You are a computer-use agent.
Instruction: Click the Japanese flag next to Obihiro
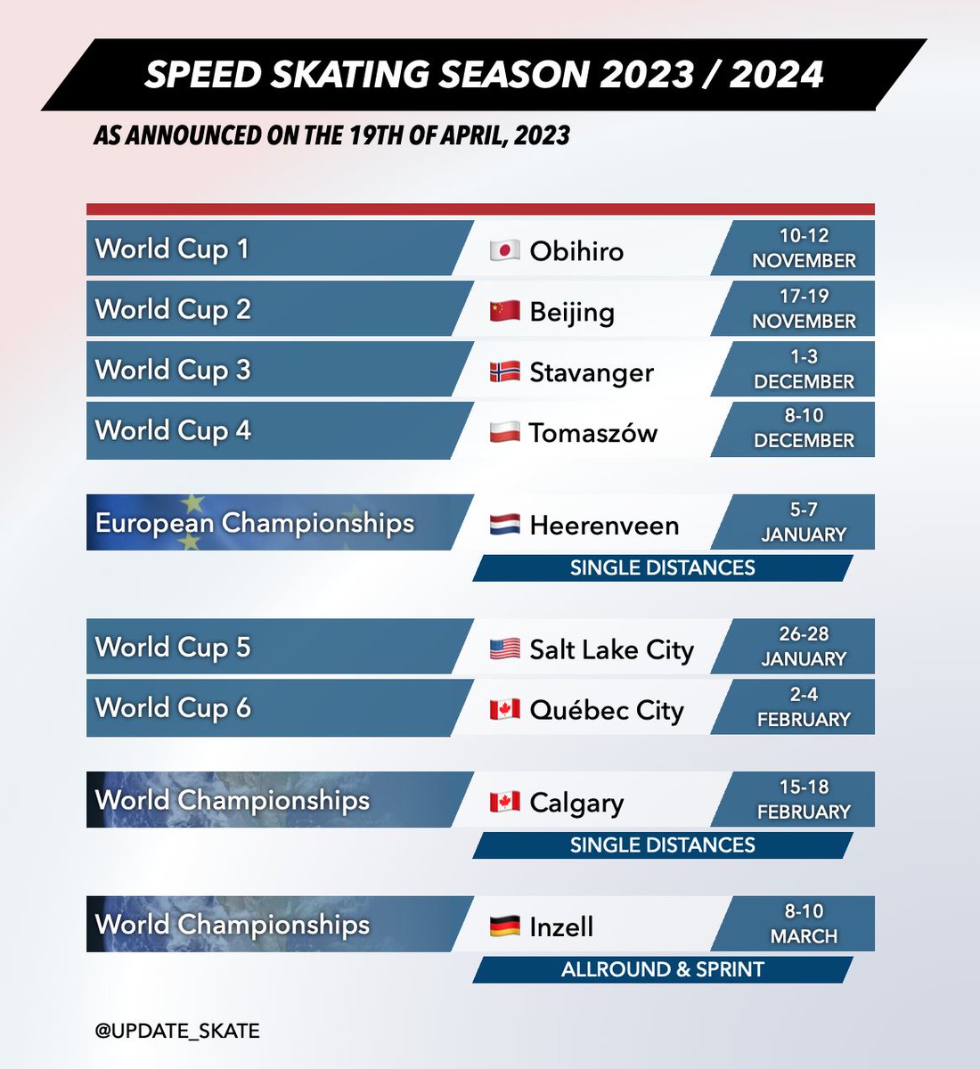point(504,250)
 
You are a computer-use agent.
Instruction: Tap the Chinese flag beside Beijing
point(504,311)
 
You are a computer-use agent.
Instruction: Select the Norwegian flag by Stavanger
point(504,371)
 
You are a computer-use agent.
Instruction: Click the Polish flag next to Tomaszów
point(504,432)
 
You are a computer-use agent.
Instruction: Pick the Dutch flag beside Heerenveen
point(504,525)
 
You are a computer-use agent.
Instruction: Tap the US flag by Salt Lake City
point(504,649)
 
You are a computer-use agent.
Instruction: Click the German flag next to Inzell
point(504,926)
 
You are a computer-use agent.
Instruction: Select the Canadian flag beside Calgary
point(504,802)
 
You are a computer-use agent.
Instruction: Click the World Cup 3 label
point(173,370)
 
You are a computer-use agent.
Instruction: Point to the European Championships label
point(255,523)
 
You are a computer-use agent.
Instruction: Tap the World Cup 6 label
point(173,708)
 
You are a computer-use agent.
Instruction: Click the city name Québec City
point(607,711)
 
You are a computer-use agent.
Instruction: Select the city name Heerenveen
point(604,526)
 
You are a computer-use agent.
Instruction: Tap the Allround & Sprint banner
point(662,969)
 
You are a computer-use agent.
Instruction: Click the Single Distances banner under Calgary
point(662,845)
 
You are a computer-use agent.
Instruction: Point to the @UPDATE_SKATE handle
point(177,1031)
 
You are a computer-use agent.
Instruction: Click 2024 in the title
point(776,75)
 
